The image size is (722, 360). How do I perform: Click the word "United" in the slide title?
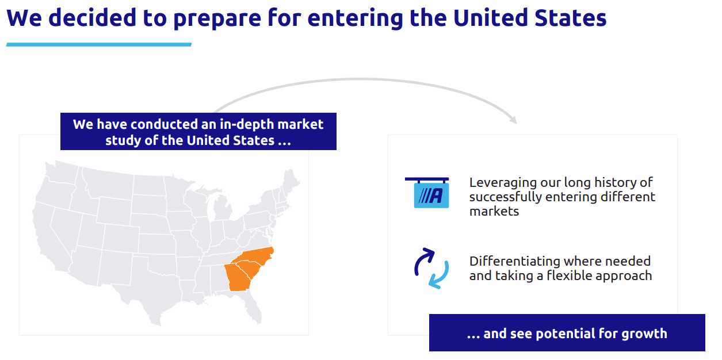[x=491, y=18]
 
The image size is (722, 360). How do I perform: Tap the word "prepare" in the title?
[x=217, y=20]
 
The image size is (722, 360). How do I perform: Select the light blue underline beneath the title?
[x=98, y=44]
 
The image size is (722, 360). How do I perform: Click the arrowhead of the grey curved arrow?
[x=513, y=120]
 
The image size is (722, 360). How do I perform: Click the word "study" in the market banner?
[x=123, y=141]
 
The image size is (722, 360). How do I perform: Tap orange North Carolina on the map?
[x=255, y=255]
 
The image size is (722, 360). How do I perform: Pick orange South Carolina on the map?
[x=249, y=269]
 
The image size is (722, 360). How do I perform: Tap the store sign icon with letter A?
[x=427, y=193]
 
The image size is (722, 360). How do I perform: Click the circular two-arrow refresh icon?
[x=431, y=268]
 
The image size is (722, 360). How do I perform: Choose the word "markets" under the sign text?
[x=494, y=212]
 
